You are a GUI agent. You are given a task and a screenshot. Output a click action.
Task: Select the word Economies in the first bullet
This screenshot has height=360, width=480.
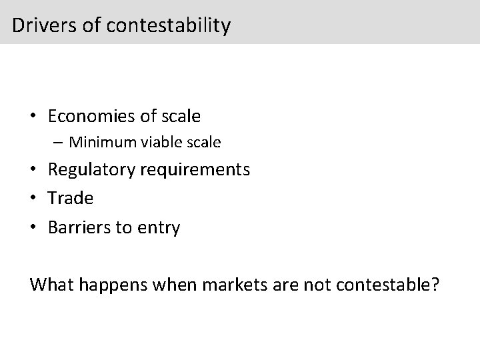coord(91,116)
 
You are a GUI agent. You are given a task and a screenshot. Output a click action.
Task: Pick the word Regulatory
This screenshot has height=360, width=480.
coord(91,169)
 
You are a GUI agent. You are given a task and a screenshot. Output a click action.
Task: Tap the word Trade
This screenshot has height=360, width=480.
coord(71,198)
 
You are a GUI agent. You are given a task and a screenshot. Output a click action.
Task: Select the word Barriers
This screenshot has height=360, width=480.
coord(80,227)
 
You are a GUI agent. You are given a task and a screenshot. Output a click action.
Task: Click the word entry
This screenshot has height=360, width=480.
coord(159,228)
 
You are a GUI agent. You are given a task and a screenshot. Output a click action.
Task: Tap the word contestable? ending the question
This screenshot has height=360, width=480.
coord(387,285)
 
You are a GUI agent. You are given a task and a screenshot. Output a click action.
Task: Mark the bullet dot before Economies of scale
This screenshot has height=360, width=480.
coord(33,117)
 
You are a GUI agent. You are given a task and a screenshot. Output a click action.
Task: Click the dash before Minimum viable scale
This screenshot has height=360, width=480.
coord(59,142)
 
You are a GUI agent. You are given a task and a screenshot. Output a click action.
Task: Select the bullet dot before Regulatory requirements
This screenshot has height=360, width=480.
coord(33,169)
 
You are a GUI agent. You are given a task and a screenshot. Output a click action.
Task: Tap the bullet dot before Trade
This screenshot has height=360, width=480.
coord(33,198)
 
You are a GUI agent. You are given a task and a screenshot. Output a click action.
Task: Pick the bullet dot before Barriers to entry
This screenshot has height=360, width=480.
coord(33,227)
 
